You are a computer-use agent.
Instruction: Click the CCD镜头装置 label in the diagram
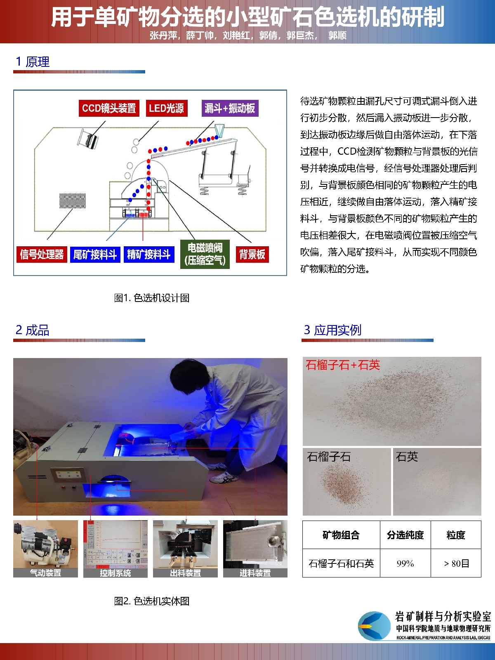pyautogui.click(x=109, y=108)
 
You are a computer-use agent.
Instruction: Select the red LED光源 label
pyautogui.click(x=167, y=108)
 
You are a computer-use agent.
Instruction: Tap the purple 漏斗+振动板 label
pyautogui.click(x=230, y=108)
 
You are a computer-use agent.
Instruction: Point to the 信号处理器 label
pyautogui.click(x=42, y=255)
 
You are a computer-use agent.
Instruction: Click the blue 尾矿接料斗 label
pyautogui.click(x=95, y=255)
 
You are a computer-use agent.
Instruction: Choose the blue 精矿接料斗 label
pyautogui.click(x=149, y=255)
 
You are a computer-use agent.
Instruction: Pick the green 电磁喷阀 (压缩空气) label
pyautogui.click(x=205, y=254)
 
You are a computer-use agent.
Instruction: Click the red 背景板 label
pyautogui.click(x=252, y=255)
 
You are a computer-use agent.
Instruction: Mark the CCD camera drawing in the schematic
pyautogui.click(x=88, y=139)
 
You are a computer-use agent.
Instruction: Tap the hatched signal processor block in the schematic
pyautogui.click(x=73, y=201)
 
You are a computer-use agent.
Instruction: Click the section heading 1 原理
pyautogui.click(x=33, y=61)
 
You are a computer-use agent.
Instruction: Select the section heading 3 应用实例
pyautogui.click(x=332, y=330)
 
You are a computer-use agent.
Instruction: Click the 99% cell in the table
pyautogui.click(x=405, y=563)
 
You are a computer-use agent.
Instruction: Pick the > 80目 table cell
pyautogui.click(x=456, y=563)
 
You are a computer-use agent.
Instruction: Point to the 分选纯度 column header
pyautogui.click(x=405, y=535)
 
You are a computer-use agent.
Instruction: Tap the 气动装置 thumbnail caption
pyautogui.click(x=46, y=573)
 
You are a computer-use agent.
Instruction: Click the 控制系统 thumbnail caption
pyautogui.click(x=115, y=573)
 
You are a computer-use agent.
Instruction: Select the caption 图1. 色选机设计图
pyautogui.click(x=152, y=298)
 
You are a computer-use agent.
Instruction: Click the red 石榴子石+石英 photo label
pyautogui.click(x=343, y=365)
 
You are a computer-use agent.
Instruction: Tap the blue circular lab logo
pyautogui.click(x=375, y=626)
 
